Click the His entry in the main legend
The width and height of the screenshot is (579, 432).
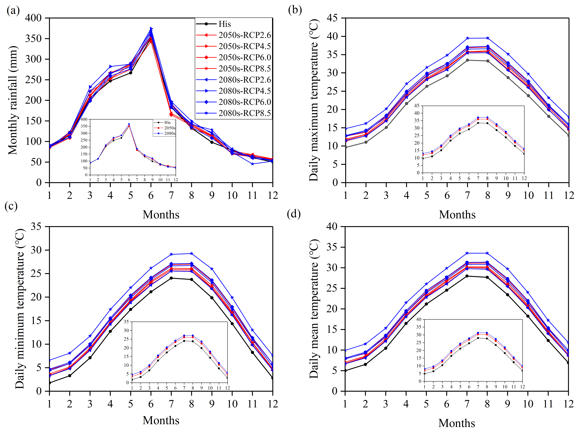(224, 24)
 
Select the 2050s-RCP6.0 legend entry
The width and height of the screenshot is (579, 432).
(245, 57)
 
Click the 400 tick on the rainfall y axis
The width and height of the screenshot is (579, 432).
(33, 18)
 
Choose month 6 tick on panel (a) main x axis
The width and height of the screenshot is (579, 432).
(151, 195)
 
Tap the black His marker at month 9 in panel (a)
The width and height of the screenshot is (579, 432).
(212, 142)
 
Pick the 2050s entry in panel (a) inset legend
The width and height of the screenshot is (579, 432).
(169, 128)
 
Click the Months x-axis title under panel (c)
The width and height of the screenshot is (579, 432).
(161, 420)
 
